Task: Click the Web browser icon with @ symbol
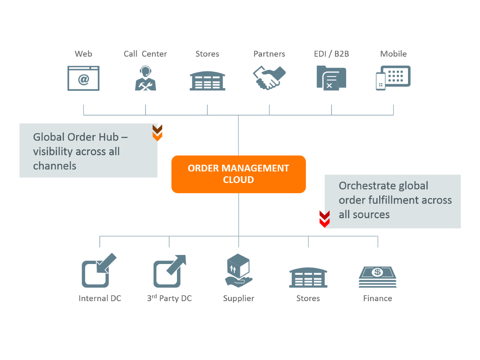tap(83, 78)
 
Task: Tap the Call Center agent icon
tap(145, 78)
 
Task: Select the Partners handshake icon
tap(269, 78)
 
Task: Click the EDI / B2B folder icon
tap(331, 78)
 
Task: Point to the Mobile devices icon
tap(393, 78)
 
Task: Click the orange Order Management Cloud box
tap(238, 174)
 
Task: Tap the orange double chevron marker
tap(157, 133)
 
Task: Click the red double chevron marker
tap(324, 219)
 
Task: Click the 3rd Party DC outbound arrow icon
tap(169, 271)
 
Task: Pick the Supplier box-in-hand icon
tap(238, 271)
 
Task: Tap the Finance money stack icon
tap(378, 277)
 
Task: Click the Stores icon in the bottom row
tap(308, 277)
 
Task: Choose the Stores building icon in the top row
tap(207, 81)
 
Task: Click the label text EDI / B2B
tap(331, 54)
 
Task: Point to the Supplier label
tap(238, 298)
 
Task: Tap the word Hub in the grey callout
tap(109, 137)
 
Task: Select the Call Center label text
tap(145, 54)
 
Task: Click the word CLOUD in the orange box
tap(238, 180)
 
